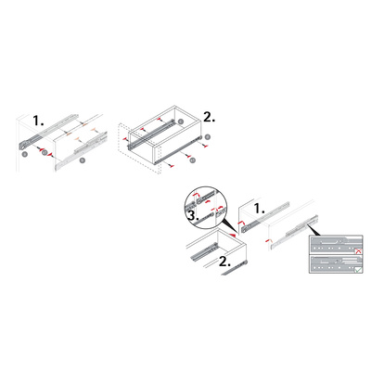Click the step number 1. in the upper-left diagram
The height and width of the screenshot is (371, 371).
(39, 121)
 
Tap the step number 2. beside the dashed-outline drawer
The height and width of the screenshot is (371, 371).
(209, 117)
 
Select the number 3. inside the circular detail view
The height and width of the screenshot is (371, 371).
(192, 216)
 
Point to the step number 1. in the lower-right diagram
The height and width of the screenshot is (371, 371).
(259, 209)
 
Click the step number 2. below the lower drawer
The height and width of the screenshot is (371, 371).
(224, 262)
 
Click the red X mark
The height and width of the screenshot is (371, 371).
(359, 251)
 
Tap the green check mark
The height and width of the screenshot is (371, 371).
(358, 270)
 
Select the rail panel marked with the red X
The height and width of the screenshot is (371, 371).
(336, 245)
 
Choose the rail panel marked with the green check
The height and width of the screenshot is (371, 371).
(336, 264)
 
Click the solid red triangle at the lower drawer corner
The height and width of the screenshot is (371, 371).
(234, 235)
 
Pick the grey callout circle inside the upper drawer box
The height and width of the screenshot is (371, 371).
(180, 122)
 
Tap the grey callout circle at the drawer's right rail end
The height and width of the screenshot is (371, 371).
(208, 136)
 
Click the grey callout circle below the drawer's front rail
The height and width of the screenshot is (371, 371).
(192, 160)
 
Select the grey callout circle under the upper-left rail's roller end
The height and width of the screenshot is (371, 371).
(25, 154)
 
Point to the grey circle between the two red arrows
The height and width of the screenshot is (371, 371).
(45, 152)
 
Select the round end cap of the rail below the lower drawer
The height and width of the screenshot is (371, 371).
(246, 263)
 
